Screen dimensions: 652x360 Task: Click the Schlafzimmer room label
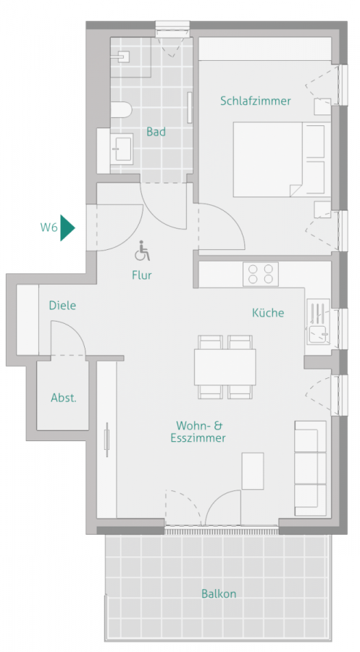[255, 101]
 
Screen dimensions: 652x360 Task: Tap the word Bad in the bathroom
[155, 132]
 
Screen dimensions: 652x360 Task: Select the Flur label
[142, 275]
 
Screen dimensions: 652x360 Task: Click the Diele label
[62, 306]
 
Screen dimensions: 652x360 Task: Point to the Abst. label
[64, 398]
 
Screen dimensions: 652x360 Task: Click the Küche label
[267, 313]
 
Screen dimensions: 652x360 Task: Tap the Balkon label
[219, 593]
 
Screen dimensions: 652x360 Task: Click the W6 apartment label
[49, 227]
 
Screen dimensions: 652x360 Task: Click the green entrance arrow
[67, 227]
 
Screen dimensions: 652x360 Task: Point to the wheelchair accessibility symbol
[143, 252]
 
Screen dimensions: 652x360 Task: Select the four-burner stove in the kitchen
[261, 274]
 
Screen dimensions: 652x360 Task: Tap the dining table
[225, 367]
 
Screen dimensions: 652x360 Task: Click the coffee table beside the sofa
[253, 470]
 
